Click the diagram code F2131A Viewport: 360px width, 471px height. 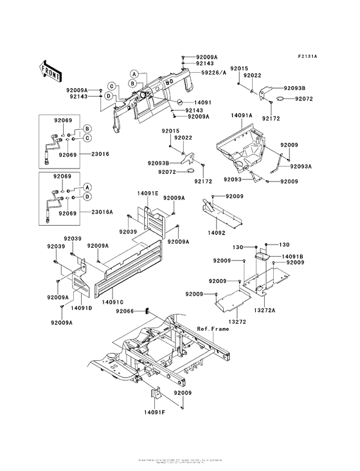308,57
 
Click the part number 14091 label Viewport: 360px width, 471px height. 203,102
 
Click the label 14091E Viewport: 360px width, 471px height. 147,192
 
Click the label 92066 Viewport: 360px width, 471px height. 126,311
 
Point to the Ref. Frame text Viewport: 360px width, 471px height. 213,328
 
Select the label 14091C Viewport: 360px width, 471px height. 112,300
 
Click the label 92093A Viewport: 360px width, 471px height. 300,167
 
